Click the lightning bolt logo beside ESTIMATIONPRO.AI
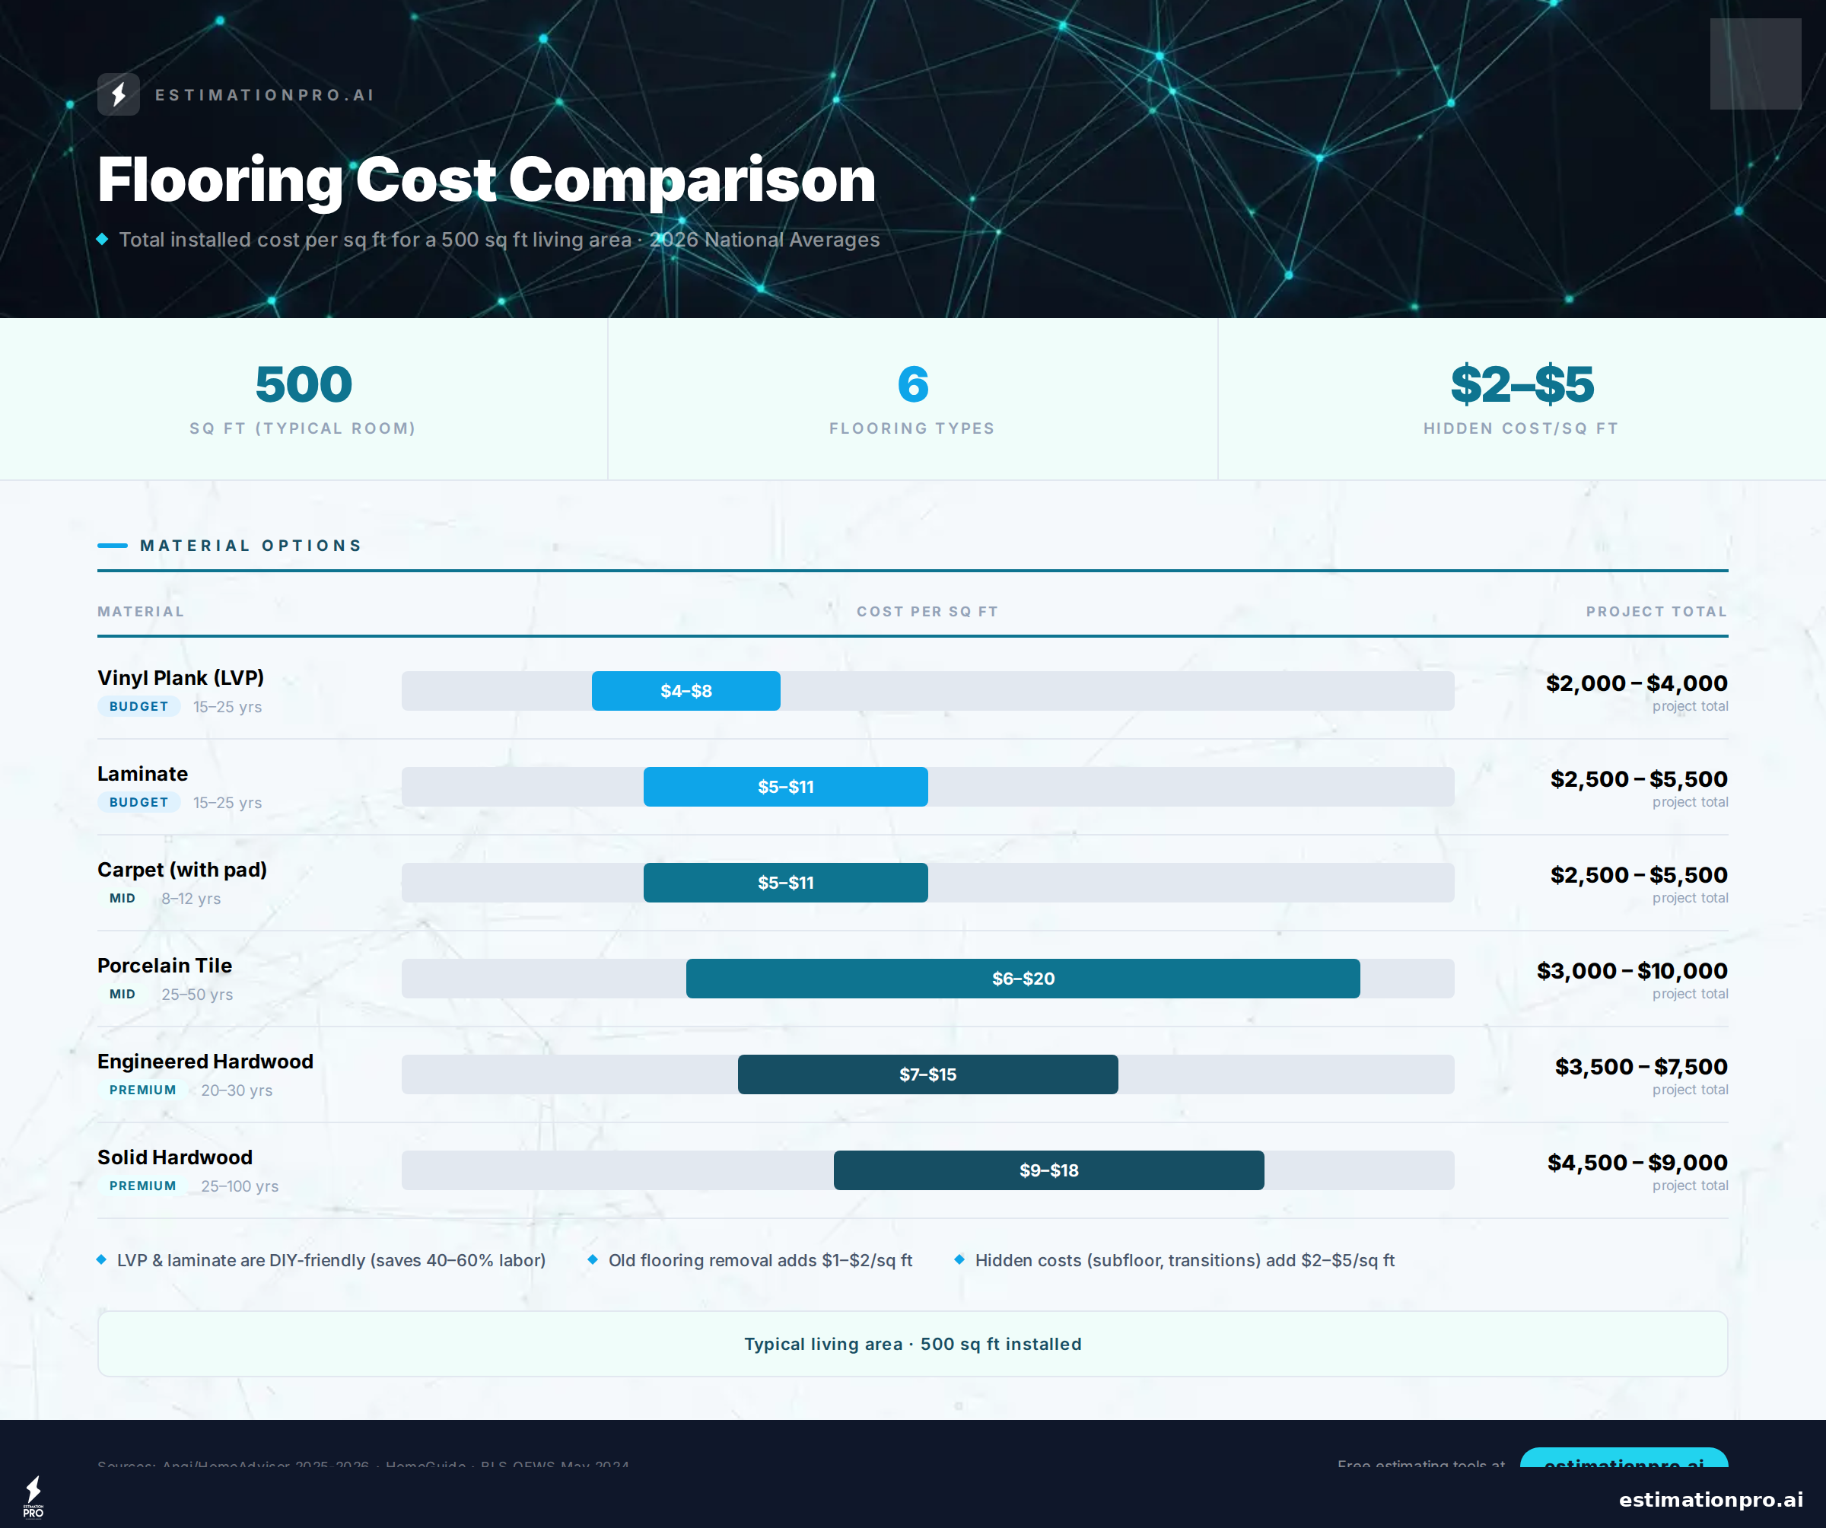(x=118, y=94)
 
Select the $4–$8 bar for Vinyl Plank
(x=686, y=690)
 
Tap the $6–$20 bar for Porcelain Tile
(x=1023, y=979)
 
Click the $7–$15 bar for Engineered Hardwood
(x=927, y=1074)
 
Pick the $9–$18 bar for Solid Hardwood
(x=1048, y=1170)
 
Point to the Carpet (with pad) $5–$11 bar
(x=785, y=883)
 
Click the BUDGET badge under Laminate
(x=138, y=802)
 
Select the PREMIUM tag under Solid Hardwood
(x=142, y=1186)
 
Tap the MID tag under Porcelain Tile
(x=122, y=994)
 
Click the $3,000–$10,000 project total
(x=1631, y=970)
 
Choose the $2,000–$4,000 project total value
(x=1636, y=683)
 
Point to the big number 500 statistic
(x=304, y=384)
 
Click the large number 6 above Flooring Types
(x=912, y=384)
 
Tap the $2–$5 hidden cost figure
(x=1522, y=384)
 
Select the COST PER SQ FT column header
(x=927, y=611)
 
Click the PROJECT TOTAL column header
(x=1656, y=611)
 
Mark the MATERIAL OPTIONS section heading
(x=250, y=546)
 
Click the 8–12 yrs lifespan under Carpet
(x=190, y=899)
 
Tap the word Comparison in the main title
(x=692, y=180)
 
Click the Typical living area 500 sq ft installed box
(x=912, y=1344)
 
